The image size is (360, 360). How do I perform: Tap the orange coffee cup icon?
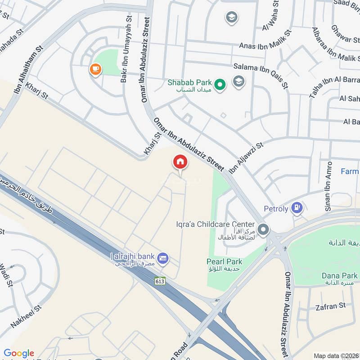pyautogui.click(x=95, y=69)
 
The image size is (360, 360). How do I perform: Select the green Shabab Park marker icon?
pyautogui.click(x=219, y=84)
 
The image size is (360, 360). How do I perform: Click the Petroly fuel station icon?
pyautogui.click(x=296, y=207)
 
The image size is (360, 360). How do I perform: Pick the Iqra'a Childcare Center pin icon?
pyautogui.click(x=264, y=230)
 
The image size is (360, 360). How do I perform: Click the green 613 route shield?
pyautogui.click(x=160, y=280)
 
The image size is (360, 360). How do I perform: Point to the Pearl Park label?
pyautogui.click(x=224, y=261)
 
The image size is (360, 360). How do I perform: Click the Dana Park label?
pyautogui.click(x=340, y=275)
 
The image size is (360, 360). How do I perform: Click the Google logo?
pyautogui.click(x=19, y=353)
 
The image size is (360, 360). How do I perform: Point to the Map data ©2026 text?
pyautogui.click(x=335, y=355)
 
